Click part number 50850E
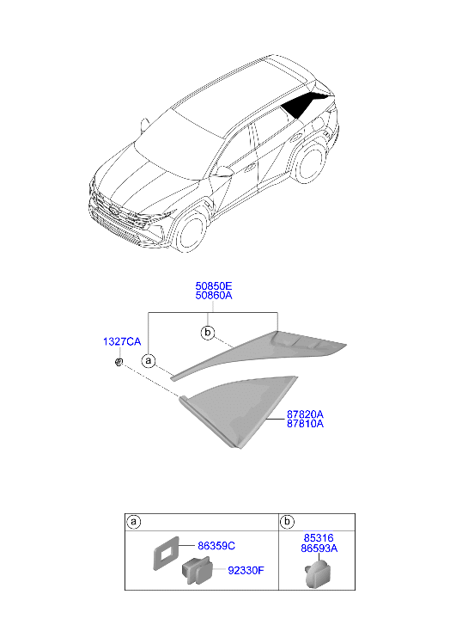coord(214,285)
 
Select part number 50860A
coord(214,296)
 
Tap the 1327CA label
coord(122,341)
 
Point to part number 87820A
coord(305,414)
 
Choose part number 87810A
coord(305,424)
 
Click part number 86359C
coord(216,546)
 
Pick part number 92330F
coord(246,570)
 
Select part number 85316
coord(319,538)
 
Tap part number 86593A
coord(319,548)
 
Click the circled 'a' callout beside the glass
coord(149,361)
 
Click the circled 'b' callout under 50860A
coord(208,332)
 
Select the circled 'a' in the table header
coord(134,522)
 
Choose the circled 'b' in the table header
coord(287,522)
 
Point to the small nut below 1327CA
coord(119,362)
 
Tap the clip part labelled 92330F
coord(198,570)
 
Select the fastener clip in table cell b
coord(319,573)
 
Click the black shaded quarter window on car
coord(304,103)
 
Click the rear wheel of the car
coord(312,162)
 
